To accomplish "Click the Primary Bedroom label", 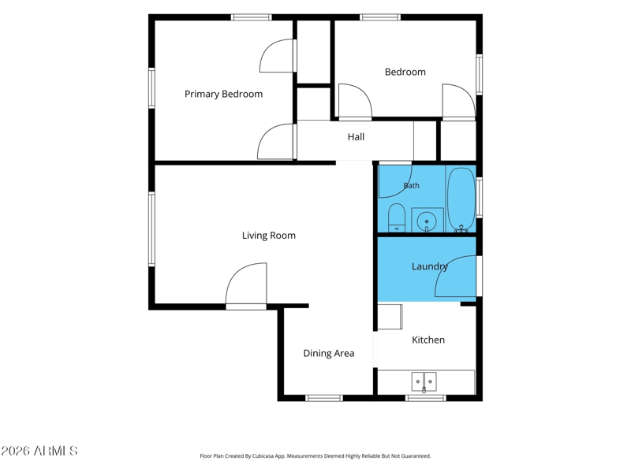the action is [x=223, y=94].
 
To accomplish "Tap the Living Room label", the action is [x=269, y=236].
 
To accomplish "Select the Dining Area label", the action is [x=329, y=353].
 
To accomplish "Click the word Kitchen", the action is [x=428, y=340].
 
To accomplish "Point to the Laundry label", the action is [x=430, y=266].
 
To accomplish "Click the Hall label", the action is [x=356, y=137].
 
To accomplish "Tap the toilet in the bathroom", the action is [x=397, y=217].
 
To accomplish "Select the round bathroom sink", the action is [x=427, y=221].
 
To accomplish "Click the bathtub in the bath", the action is [x=461, y=199].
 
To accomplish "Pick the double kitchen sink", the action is [x=424, y=382].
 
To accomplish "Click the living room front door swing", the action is [x=245, y=284].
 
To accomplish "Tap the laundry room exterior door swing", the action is [x=456, y=277].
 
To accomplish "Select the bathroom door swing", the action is [x=395, y=181].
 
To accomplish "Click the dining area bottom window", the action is [x=324, y=398].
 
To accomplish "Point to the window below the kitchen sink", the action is [x=426, y=398].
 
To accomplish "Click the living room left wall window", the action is [x=151, y=229].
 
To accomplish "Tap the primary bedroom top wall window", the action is [x=251, y=17].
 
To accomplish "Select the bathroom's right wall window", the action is [x=480, y=198].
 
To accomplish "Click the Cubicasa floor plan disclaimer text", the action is [x=315, y=456].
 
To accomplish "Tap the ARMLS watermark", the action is [x=39, y=451].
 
